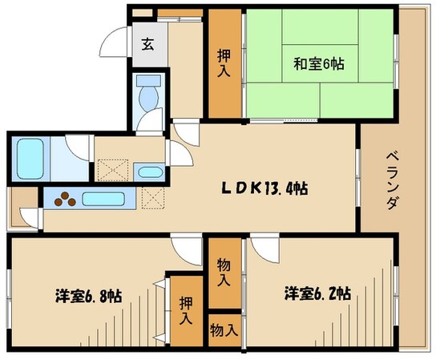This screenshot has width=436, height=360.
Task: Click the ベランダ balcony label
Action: (392, 180)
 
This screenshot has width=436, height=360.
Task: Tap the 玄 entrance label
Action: (148, 45)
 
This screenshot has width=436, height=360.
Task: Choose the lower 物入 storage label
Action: (224, 328)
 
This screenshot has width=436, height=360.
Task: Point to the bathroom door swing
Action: (79, 148)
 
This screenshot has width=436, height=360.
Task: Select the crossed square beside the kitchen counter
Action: (152, 197)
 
